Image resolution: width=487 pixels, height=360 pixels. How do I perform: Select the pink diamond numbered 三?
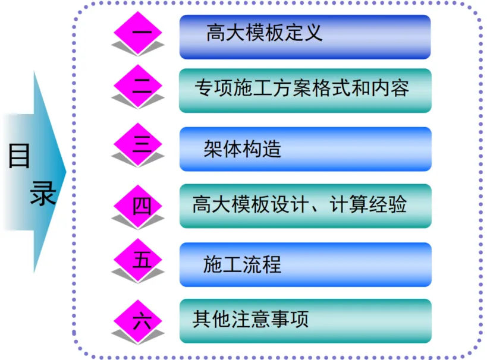(x=141, y=144)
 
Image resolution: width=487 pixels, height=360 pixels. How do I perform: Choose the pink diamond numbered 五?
(x=141, y=260)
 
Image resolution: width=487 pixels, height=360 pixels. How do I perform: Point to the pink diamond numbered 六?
(x=141, y=321)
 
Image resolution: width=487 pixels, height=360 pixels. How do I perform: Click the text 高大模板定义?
(x=265, y=33)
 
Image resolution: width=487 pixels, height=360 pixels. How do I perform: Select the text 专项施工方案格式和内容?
(x=301, y=89)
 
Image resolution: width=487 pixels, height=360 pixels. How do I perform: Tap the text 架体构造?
(x=242, y=149)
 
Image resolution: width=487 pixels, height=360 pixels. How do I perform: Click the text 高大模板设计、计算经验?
(x=300, y=206)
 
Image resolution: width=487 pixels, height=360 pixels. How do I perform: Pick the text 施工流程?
(x=242, y=264)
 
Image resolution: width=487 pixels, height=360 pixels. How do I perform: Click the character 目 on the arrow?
(x=20, y=156)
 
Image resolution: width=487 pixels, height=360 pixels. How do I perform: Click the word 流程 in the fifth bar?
(x=262, y=264)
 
